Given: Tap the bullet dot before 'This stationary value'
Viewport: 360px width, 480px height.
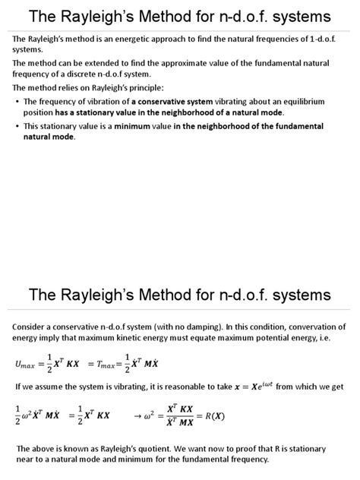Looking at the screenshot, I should point(17,126).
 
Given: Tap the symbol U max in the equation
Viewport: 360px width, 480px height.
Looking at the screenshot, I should point(26,365).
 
